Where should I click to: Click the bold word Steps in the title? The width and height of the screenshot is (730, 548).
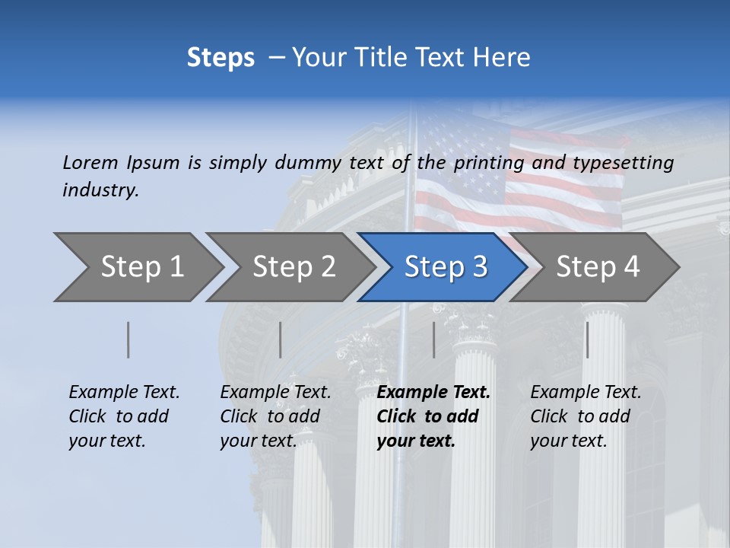[x=221, y=58]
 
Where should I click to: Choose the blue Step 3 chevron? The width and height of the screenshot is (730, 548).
[x=446, y=267]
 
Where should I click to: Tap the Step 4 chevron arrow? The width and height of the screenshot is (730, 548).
[x=598, y=267]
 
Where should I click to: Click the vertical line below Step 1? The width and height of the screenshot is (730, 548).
[x=129, y=339]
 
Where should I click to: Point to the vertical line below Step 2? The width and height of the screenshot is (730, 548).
[x=281, y=339]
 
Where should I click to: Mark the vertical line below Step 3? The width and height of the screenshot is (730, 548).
[x=434, y=339]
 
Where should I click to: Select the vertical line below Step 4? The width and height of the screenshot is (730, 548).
[x=587, y=339]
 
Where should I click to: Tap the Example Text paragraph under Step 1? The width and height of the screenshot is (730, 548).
[x=124, y=416]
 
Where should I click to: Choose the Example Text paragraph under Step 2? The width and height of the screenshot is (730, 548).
[x=275, y=416]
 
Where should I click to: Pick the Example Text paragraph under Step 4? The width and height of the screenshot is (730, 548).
[x=586, y=416]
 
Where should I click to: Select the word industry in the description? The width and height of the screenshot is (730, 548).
[x=100, y=190]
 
